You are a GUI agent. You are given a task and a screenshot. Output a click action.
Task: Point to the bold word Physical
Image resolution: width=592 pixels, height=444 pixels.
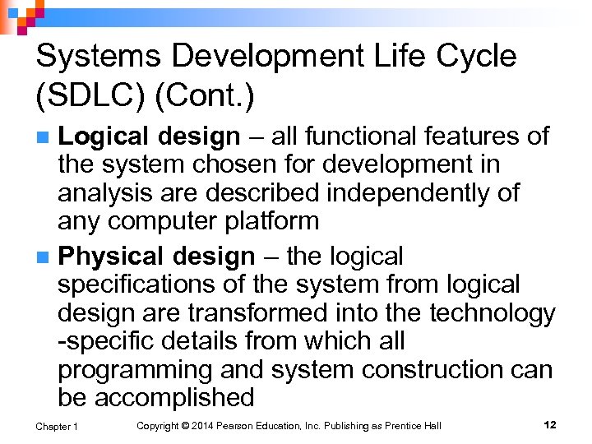(x=111, y=257)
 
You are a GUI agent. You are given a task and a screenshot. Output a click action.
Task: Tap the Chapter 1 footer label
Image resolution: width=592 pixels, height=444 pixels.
(x=57, y=426)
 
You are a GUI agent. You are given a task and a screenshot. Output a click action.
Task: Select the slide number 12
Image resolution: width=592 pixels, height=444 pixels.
(x=550, y=425)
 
